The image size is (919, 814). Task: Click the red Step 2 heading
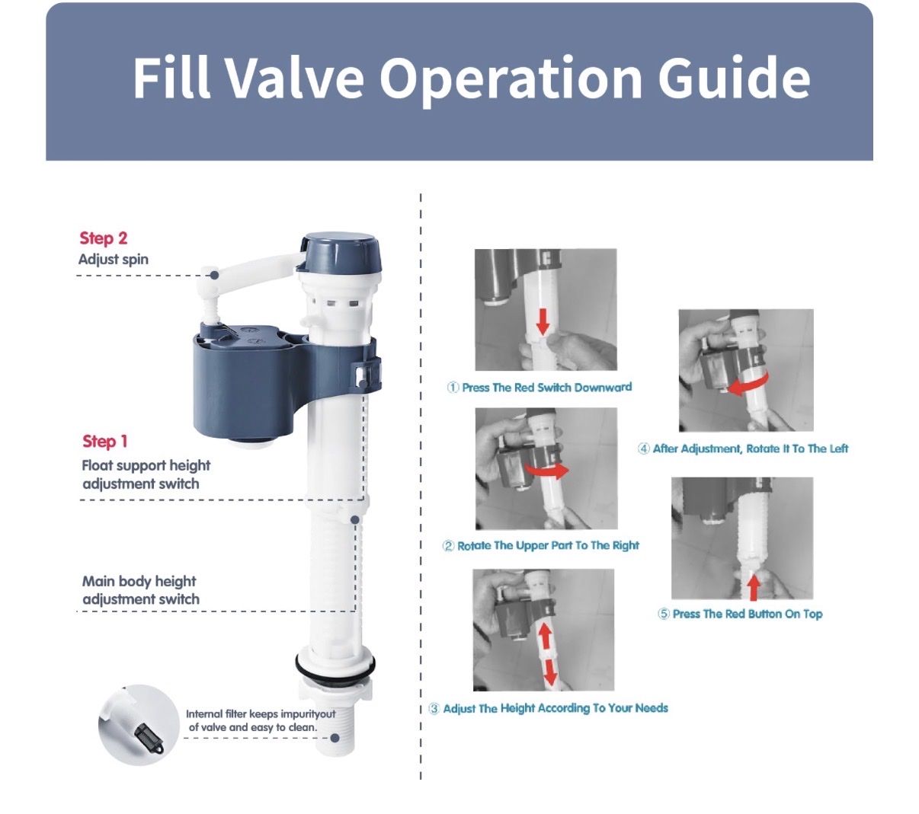104,238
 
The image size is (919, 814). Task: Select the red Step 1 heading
105,441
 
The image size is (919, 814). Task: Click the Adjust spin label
114,260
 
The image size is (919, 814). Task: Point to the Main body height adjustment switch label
141,590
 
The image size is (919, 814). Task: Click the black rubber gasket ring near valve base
335,666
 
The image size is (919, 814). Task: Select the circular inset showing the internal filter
139,724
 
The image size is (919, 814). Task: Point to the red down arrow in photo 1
543,322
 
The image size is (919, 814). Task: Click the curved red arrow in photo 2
547,472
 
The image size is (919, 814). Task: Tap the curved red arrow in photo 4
748,386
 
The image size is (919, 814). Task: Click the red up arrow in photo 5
754,587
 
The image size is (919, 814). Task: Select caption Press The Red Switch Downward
540,388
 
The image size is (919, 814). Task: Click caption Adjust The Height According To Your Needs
549,708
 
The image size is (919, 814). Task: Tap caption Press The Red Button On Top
740,614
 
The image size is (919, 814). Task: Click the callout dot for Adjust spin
215,275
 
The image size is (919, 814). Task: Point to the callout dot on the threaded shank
335,738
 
